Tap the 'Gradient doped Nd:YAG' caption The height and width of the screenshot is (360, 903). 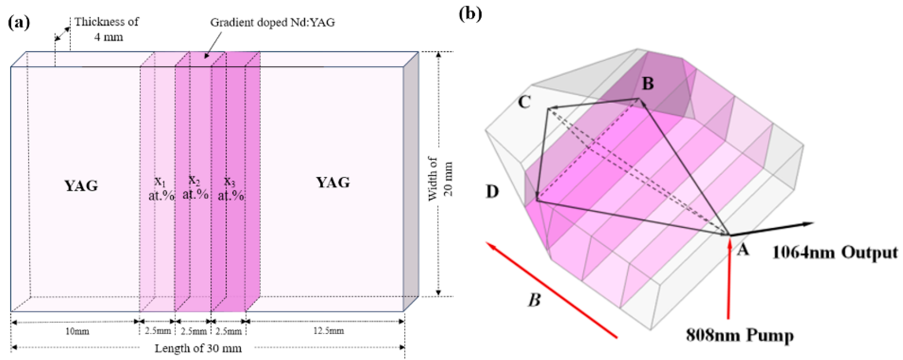pyautogui.click(x=272, y=22)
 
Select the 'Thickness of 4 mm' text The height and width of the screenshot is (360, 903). pyautogui.click(x=107, y=29)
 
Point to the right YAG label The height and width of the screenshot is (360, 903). pyautogui.click(x=333, y=183)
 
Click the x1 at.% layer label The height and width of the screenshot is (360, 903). pyautogui.click(x=161, y=189)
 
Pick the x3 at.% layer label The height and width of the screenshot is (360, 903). pyautogui.click(x=230, y=189)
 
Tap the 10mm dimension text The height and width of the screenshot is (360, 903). pyautogui.click(x=77, y=331)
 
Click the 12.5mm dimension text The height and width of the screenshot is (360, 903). pyautogui.click(x=328, y=331)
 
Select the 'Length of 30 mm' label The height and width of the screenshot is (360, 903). pyautogui.click(x=198, y=349)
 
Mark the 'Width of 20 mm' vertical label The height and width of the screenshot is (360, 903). pyautogui.click(x=440, y=179)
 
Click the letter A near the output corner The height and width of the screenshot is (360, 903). pyautogui.click(x=743, y=250)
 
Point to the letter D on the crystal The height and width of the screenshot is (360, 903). pyautogui.click(x=492, y=191)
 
